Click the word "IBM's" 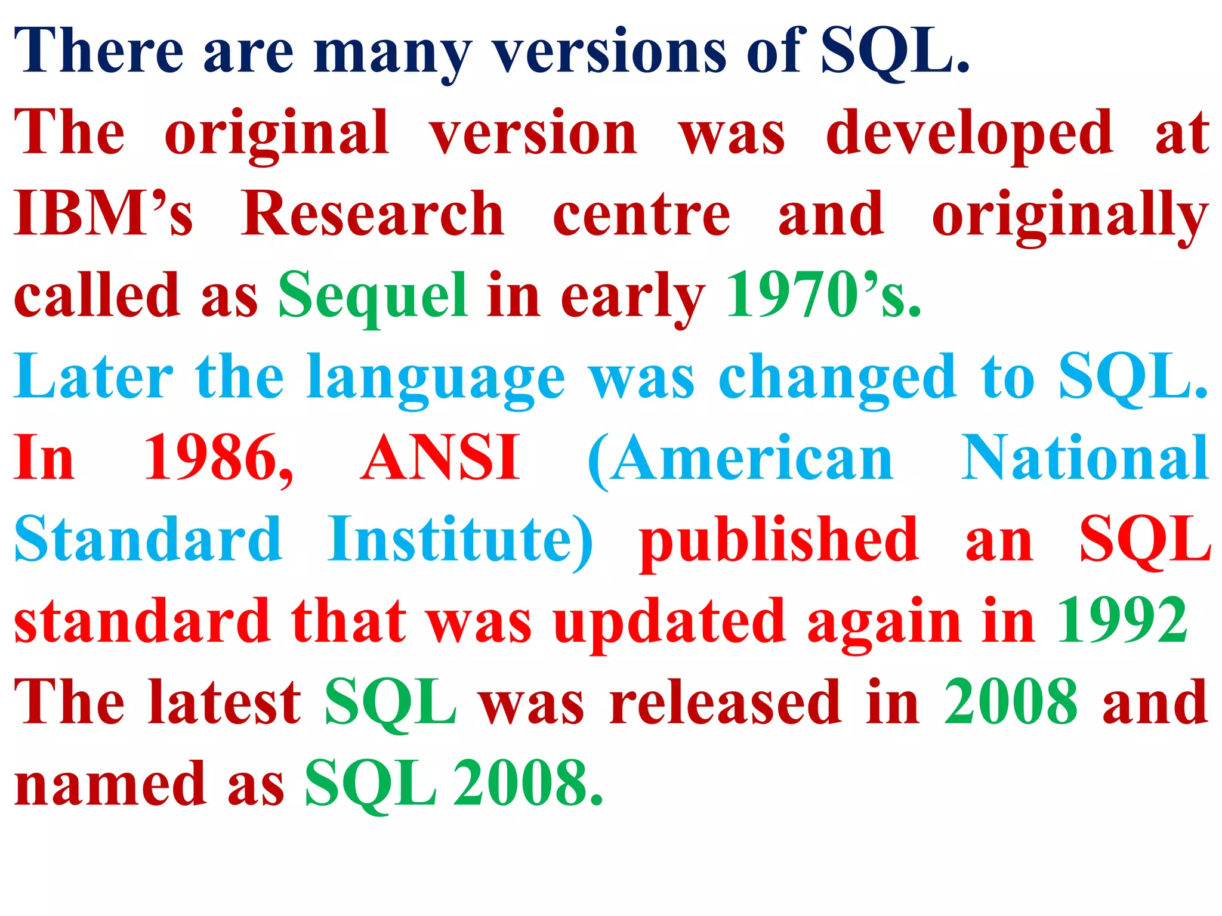click(103, 215)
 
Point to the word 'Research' click(373, 215)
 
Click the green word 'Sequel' click(373, 297)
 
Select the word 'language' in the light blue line click(436, 379)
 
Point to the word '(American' click(740, 459)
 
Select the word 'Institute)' click(460, 540)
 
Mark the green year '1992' click(1122, 621)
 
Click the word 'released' click(726, 704)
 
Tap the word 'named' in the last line click(110, 784)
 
